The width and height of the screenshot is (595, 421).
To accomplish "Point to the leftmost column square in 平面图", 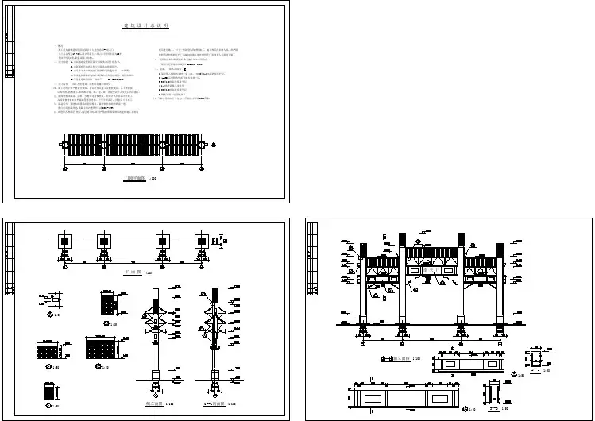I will coord(64,241).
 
